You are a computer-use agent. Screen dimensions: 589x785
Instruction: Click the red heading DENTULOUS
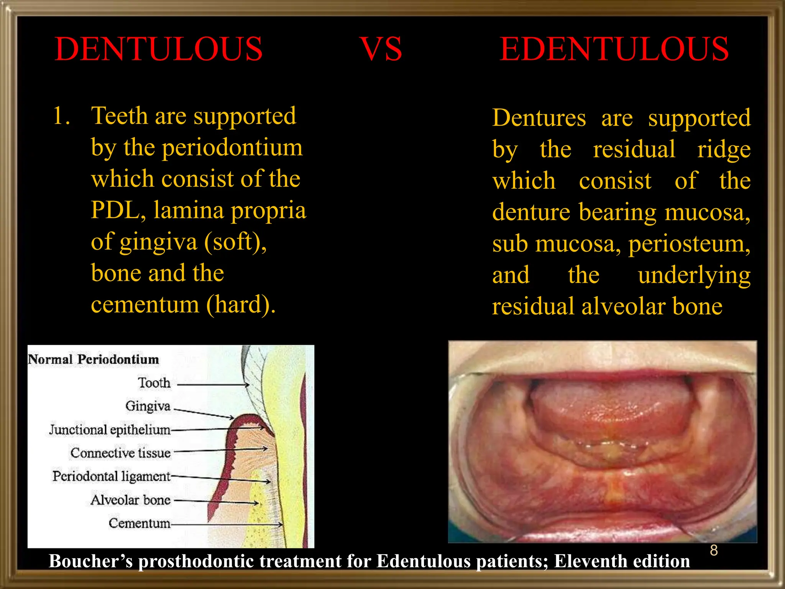(x=158, y=49)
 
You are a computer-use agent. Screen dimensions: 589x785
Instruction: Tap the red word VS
(x=381, y=49)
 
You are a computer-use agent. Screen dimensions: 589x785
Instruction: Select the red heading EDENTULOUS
(x=614, y=49)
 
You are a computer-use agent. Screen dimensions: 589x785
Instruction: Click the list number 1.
(x=61, y=116)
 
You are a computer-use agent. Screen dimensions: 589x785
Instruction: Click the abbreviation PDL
(x=118, y=211)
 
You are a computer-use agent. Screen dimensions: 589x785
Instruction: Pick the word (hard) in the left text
(x=241, y=305)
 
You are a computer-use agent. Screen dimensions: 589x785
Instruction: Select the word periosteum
(x=689, y=244)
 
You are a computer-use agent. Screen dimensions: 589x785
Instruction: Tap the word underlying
(x=694, y=275)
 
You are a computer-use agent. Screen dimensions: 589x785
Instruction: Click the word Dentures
(x=539, y=118)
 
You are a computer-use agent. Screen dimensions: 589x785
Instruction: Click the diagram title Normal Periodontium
(x=94, y=359)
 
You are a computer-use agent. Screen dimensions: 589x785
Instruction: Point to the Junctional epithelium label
(x=110, y=430)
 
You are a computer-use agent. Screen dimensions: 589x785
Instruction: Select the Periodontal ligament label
(x=112, y=476)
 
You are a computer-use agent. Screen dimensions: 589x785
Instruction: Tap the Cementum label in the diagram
(x=139, y=523)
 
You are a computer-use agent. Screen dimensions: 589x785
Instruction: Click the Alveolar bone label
(x=130, y=500)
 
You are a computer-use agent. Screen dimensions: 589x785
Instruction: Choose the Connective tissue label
(x=120, y=453)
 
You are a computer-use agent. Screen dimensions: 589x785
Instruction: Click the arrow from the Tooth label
(x=213, y=384)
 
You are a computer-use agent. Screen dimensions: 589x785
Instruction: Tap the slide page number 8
(x=714, y=550)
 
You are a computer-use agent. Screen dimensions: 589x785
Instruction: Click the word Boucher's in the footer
(x=90, y=561)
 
